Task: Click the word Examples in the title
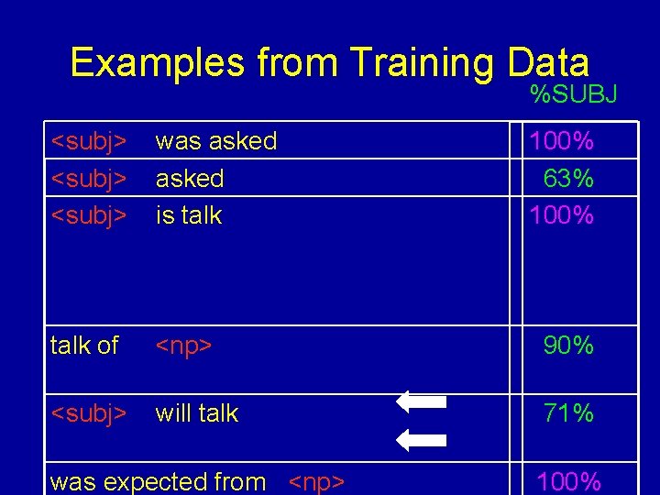pyautogui.click(x=158, y=63)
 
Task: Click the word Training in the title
pyautogui.click(x=420, y=63)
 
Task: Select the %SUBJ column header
pyautogui.click(x=574, y=93)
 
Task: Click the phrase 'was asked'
pyautogui.click(x=215, y=141)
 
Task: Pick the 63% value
pyautogui.click(x=568, y=179)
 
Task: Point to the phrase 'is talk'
pyautogui.click(x=189, y=215)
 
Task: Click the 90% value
pyautogui.click(x=568, y=346)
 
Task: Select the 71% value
pyautogui.click(x=568, y=413)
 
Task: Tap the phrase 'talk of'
pyautogui.click(x=84, y=346)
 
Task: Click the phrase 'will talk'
pyautogui.click(x=196, y=413)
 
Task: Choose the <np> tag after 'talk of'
pyautogui.click(x=183, y=346)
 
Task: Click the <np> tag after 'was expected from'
pyautogui.click(x=316, y=482)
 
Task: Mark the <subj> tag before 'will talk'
pyautogui.click(x=88, y=413)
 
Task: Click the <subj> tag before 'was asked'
pyautogui.click(x=88, y=141)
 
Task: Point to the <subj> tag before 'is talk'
pyautogui.click(x=88, y=215)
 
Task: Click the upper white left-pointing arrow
pyautogui.click(x=421, y=401)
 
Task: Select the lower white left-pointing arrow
pyautogui.click(x=421, y=441)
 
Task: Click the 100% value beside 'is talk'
pyautogui.click(x=561, y=215)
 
